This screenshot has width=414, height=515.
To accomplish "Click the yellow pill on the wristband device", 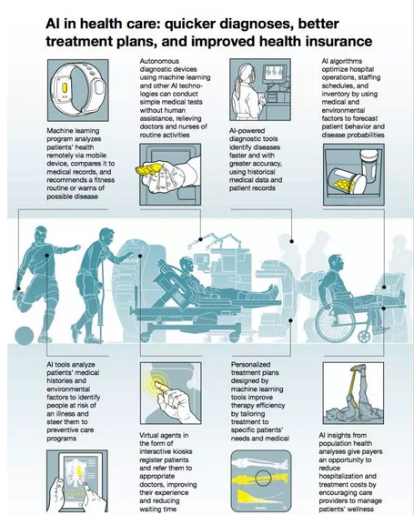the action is (x=65, y=88).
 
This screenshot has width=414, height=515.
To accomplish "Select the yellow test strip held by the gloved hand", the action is (x=150, y=169).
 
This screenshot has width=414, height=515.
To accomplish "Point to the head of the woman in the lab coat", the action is (x=246, y=73).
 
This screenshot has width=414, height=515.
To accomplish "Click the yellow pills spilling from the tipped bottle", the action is (x=344, y=185).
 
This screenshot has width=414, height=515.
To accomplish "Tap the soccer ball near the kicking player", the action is (x=25, y=336).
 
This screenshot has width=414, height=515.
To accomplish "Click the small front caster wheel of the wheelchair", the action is (x=364, y=336).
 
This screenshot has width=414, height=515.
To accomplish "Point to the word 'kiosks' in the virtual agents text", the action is (x=183, y=451).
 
